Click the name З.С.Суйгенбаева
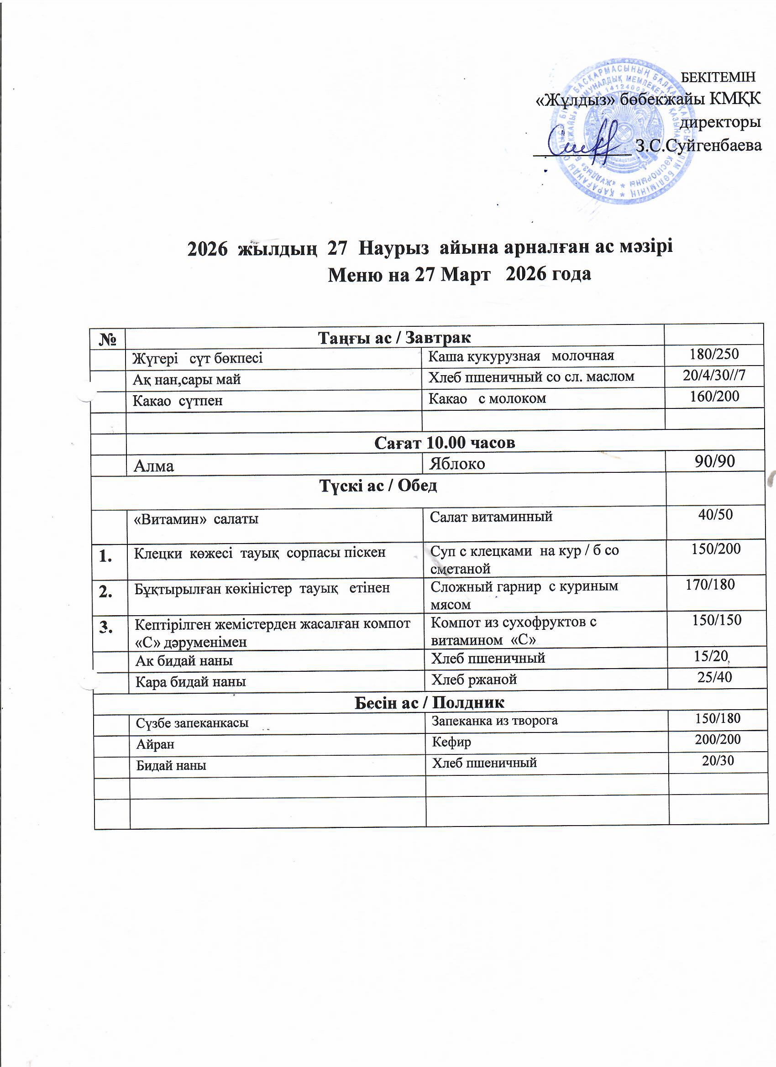point(698,146)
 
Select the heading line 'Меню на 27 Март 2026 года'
point(459,274)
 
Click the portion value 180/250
point(714,354)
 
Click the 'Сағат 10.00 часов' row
point(444,443)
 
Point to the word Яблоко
point(456,464)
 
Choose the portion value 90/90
point(714,462)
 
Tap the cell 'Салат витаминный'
point(491,517)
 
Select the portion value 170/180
point(710,584)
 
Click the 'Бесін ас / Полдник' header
point(429,703)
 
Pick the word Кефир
point(451,743)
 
